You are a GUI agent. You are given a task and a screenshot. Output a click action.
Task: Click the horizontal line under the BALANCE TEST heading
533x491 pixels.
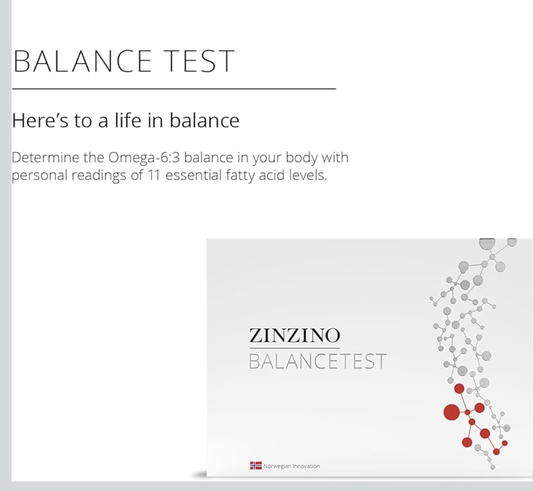pyautogui.click(x=174, y=88)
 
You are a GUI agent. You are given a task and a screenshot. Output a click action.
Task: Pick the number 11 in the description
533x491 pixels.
pyautogui.click(x=154, y=175)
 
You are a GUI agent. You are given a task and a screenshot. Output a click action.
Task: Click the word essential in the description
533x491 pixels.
pyautogui.click(x=194, y=175)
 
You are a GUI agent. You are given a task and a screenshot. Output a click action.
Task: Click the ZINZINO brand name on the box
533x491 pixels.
pyautogui.click(x=294, y=336)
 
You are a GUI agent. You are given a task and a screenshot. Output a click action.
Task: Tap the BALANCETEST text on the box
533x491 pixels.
pyautogui.click(x=317, y=361)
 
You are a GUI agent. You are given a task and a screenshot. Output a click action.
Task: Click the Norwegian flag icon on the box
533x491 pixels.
pyautogui.click(x=256, y=466)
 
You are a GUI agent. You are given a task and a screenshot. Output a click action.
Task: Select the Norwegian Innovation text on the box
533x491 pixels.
pyautogui.click(x=291, y=466)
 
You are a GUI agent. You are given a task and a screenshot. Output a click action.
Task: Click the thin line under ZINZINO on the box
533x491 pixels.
pyautogui.click(x=294, y=348)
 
